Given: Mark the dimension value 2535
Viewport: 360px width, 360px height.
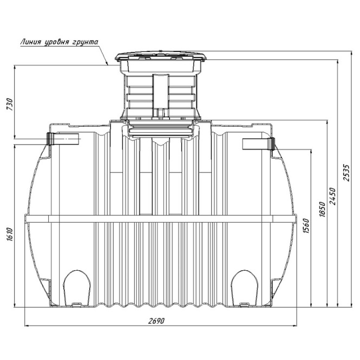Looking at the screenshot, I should pyautogui.click(x=347, y=173).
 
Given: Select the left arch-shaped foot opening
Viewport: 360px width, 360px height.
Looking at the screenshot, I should pyautogui.click(x=77, y=289).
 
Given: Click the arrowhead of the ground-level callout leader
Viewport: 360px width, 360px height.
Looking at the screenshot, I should pyautogui.click(x=108, y=63).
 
